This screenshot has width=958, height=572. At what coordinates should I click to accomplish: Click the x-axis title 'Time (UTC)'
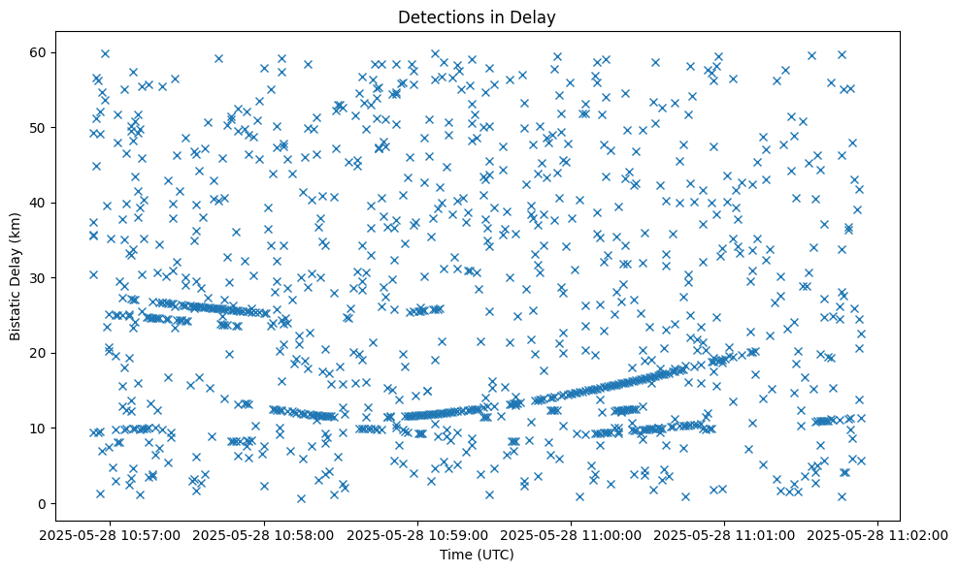pos(476,555)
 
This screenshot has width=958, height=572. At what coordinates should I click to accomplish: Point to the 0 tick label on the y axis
pos(68,503)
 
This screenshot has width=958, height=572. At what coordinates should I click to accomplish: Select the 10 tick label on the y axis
pos(65,428)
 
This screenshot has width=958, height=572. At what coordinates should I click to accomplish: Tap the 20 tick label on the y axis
pos(65,353)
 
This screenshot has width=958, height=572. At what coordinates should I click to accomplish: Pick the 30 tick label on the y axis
pos(65,277)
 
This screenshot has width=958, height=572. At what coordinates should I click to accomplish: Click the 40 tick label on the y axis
pos(65,203)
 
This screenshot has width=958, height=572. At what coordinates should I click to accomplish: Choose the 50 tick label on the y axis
pos(65,127)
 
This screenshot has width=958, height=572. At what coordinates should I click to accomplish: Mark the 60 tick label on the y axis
pos(65,52)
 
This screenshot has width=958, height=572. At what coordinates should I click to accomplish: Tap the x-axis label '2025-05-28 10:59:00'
pos(418,534)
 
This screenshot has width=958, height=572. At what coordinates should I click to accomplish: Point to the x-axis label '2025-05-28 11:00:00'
pos(572,534)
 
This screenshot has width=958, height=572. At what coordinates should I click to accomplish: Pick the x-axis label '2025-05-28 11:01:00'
pos(725,534)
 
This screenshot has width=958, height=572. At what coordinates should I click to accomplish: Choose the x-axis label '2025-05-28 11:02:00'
pos(878,534)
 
